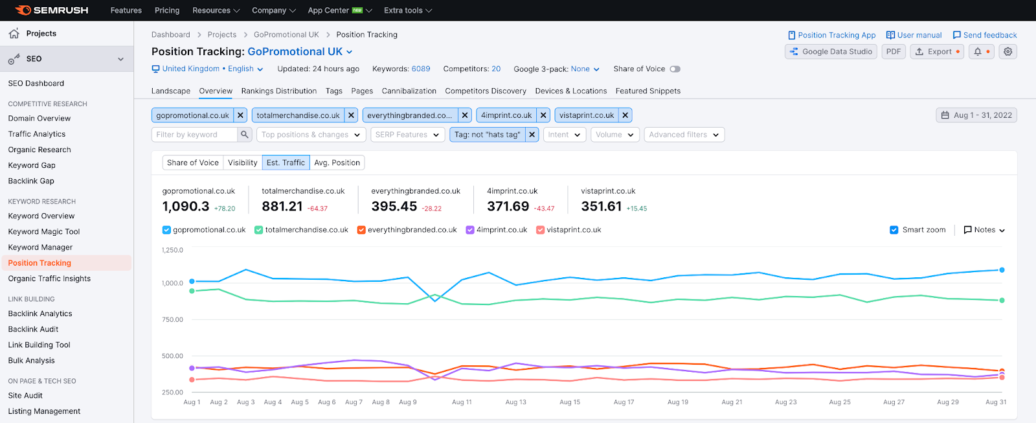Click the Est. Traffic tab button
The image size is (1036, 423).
(286, 163)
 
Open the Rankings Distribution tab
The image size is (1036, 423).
(279, 91)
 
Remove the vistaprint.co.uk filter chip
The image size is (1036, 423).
(625, 115)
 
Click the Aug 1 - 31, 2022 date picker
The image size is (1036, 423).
(976, 115)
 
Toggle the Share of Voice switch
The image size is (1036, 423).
(675, 69)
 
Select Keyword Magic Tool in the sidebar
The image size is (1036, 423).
(44, 231)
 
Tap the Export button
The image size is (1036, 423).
(937, 51)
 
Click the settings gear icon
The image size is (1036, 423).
(1008, 51)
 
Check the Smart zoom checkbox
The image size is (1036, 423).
(894, 230)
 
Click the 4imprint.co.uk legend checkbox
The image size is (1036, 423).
(470, 230)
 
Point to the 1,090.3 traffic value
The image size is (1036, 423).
(185, 206)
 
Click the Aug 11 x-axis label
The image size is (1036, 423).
(462, 402)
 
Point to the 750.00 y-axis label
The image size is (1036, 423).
(172, 319)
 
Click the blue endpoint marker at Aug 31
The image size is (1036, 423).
(1002, 270)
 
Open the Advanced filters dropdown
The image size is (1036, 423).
(684, 135)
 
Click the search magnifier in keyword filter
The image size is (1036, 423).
(245, 134)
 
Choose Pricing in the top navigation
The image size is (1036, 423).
(167, 10)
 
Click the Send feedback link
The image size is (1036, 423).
(985, 35)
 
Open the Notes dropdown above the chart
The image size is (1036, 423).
(984, 230)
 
